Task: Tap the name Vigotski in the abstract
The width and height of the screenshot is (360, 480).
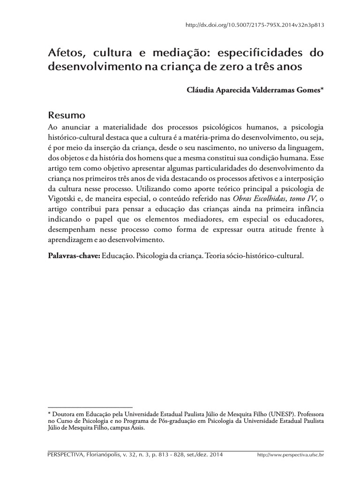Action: [63, 198]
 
